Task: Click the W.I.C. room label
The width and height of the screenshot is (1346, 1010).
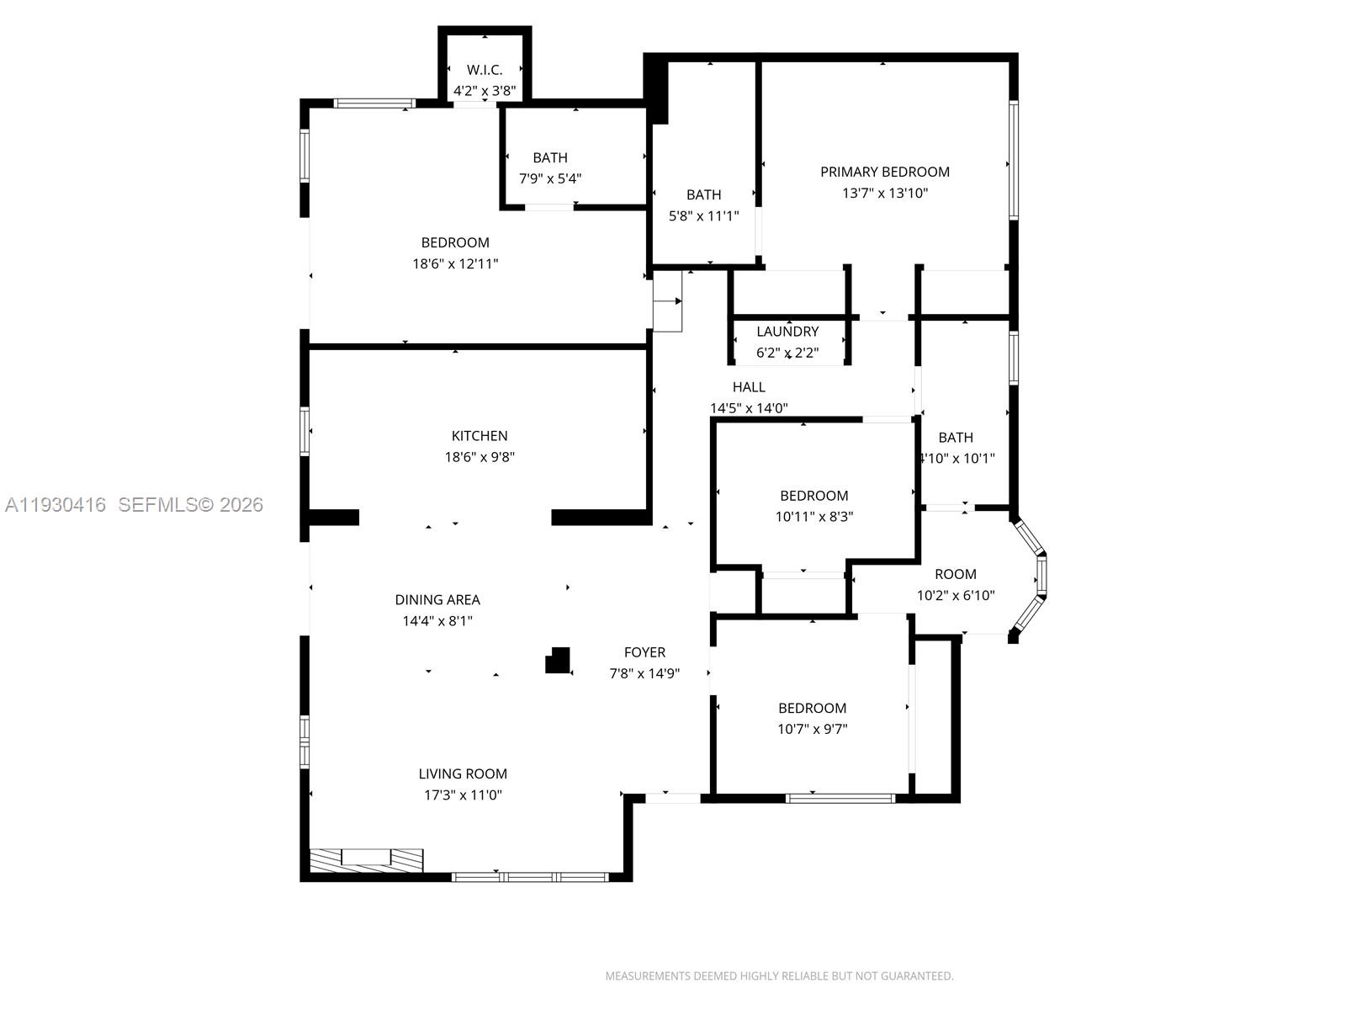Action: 485,70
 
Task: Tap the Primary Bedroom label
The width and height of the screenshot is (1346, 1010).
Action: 885,172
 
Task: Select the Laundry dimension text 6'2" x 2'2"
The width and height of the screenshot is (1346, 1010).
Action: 787,353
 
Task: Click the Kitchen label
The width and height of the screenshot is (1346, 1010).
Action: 480,436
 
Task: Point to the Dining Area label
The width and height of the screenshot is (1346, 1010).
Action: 437,600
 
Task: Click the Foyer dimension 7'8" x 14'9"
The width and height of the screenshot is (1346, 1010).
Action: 644,673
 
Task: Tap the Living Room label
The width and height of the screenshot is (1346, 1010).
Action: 463,773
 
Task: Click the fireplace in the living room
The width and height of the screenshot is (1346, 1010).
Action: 366,860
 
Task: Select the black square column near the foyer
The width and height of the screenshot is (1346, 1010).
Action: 558,660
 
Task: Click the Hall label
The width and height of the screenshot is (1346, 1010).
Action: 749,387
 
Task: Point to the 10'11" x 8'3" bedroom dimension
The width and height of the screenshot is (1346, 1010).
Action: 813,517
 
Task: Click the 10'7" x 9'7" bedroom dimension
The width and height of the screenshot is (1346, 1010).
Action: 812,729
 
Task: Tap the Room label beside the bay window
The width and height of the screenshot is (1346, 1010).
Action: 956,574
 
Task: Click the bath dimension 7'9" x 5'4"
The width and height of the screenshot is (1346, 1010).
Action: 550,178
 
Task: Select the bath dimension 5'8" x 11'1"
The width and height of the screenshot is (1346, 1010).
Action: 703,216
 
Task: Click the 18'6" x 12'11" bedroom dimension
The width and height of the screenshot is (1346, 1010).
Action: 455,263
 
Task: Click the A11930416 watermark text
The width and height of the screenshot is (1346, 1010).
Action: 56,504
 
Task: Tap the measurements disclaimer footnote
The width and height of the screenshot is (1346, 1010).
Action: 779,976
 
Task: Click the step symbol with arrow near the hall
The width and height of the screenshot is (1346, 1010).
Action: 668,301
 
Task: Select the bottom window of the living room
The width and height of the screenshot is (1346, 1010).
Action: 530,877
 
